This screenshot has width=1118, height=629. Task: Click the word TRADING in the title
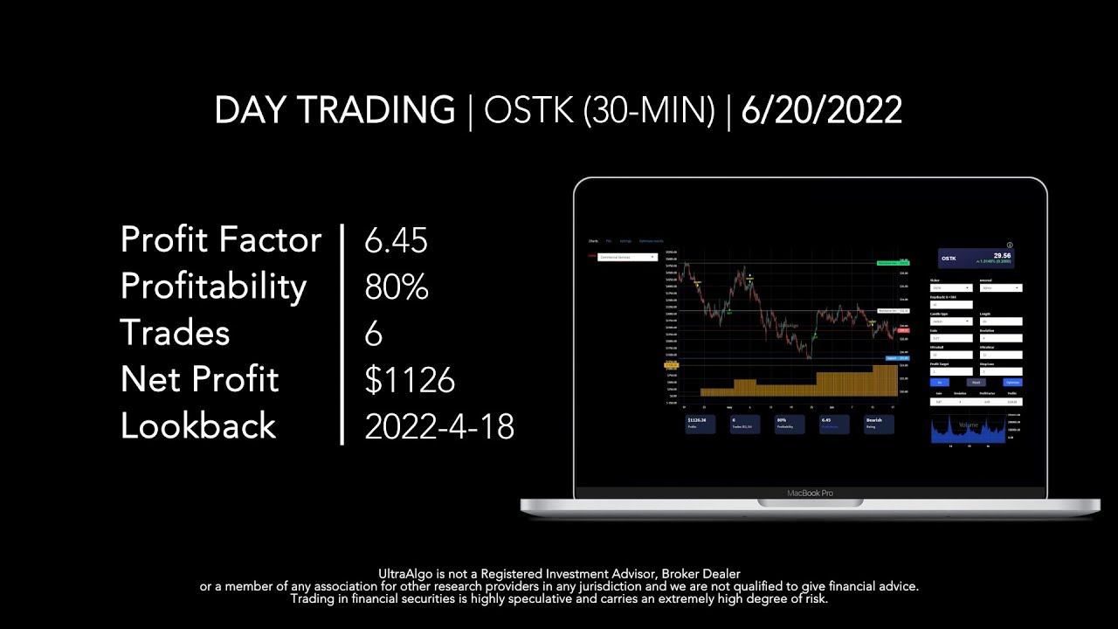pyautogui.click(x=376, y=111)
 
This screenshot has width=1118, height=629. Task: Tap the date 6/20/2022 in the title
pyautogui.click(x=821, y=111)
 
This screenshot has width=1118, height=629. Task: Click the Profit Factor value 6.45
pyautogui.click(x=396, y=240)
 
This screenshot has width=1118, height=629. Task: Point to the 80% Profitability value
pyautogui.click(x=396, y=287)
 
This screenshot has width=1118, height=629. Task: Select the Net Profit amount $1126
pyautogui.click(x=410, y=380)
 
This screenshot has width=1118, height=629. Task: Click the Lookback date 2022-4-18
pyautogui.click(x=439, y=426)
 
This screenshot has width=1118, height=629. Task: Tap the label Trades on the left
pyautogui.click(x=175, y=333)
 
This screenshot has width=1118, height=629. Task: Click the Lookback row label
pyautogui.click(x=198, y=426)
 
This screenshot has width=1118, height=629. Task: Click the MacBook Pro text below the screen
pyautogui.click(x=810, y=493)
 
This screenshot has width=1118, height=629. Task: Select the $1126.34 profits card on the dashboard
pyautogui.click(x=702, y=423)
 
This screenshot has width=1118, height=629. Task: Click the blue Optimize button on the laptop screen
pyautogui.click(x=1011, y=382)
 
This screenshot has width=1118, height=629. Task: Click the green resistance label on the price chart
pyautogui.click(x=889, y=262)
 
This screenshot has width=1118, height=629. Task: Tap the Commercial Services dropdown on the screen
pyautogui.click(x=627, y=257)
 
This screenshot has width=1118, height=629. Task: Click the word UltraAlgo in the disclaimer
pyautogui.click(x=405, y=573)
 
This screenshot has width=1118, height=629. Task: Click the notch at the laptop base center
pyautogui.click(x=810, y=503)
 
